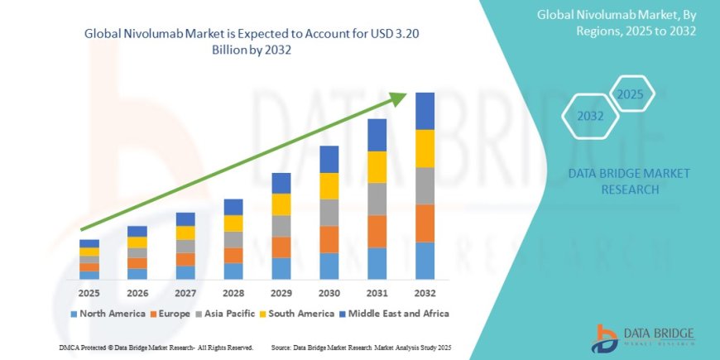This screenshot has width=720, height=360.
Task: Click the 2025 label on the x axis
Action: (x=89, y=293)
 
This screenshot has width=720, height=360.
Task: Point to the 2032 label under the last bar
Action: (x=425, y=293)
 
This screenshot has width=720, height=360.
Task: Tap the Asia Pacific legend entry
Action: (x=230, y=314)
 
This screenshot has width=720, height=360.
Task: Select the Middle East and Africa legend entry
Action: (x=398, y=314)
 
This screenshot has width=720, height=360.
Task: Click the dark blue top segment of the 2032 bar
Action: (x=425, y=111)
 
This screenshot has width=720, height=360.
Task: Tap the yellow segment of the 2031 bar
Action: (x=377, y=167)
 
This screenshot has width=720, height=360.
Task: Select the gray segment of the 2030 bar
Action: (x=329, y=213)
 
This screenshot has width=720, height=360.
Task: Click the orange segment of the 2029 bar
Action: (x=281, y=247)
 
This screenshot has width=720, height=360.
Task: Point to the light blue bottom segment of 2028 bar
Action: (x=233, y=271)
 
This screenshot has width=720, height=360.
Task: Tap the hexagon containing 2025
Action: (x=631, y=93)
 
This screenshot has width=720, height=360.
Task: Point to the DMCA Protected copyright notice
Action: (x=156, y=347)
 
